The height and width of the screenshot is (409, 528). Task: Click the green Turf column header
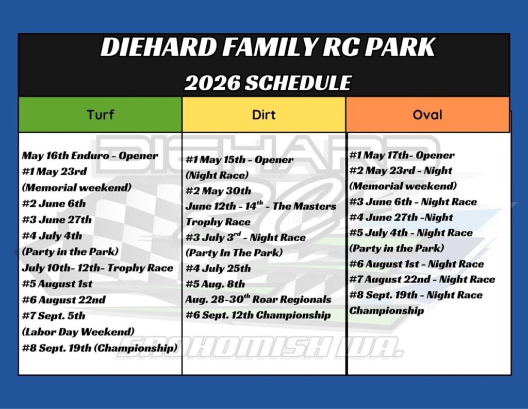coord(100,115)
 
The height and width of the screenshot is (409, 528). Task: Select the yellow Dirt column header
coord(263,115)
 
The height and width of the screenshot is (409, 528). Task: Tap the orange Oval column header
coord(427,115)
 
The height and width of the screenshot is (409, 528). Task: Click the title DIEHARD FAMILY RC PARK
coord(268,46)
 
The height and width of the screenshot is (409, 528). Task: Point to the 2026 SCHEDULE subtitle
coord(268,83)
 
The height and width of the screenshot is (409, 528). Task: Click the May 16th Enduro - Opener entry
coord(90,156)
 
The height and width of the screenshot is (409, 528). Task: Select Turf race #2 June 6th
coord(54,203)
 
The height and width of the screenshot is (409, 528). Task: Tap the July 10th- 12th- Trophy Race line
coord(97,268)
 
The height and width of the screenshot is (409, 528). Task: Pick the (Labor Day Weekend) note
coord(78,332)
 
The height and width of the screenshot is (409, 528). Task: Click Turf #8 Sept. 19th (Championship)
coord(100,348)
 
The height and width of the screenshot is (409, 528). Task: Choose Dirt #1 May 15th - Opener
coord(239,160)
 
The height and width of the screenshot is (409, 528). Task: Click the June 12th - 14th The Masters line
coord(261,206)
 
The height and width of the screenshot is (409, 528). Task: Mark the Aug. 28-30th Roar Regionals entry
coord(258,299)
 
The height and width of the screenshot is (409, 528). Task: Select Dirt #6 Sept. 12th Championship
coord(258,315)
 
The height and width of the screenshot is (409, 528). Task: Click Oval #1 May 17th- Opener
coord(402,155)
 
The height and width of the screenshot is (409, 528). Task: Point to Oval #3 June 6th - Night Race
coord(413,202)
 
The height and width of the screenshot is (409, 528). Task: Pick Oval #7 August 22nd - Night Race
coord(422,279)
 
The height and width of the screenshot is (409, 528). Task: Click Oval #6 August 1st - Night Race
coord(417,264)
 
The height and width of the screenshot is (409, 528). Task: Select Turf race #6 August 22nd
coord(63,300)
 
